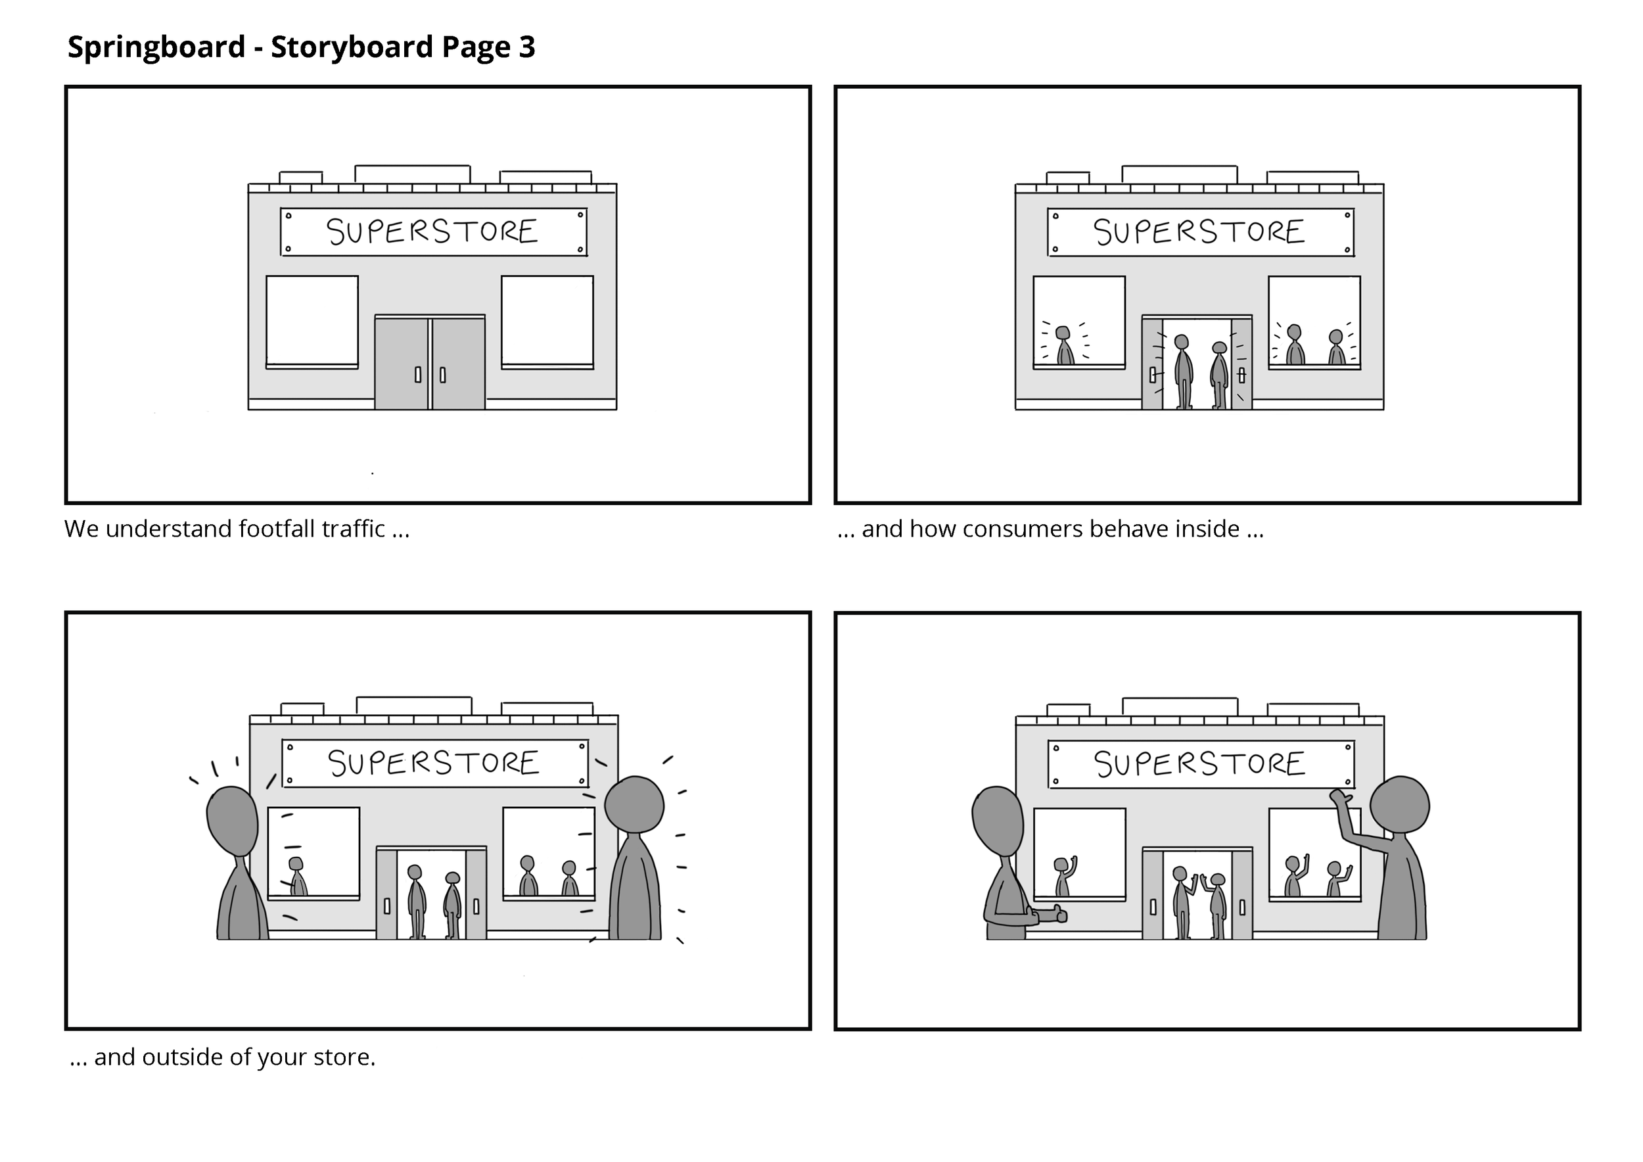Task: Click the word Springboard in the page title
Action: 156,47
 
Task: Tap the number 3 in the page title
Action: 526,47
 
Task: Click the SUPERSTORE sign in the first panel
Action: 433,232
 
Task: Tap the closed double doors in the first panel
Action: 429,363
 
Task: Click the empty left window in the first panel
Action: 312,322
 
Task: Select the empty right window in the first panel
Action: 547,322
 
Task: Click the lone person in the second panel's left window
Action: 1065,346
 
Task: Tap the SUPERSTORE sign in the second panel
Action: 1200,232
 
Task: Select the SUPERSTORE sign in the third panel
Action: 434,763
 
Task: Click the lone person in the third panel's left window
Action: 297,877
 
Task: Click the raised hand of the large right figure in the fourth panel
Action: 1339,798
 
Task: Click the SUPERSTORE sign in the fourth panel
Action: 1200,765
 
